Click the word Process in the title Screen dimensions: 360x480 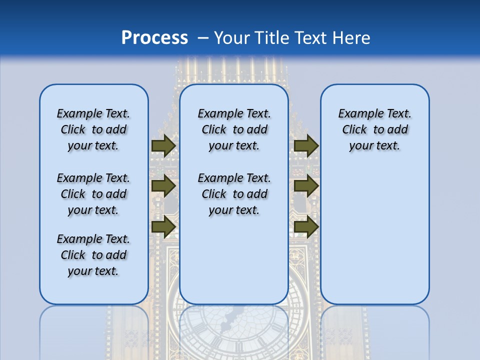[x=154, y=38]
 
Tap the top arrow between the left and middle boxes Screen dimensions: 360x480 [x=163, y=146]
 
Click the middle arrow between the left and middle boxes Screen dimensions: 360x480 [x=163, y=186]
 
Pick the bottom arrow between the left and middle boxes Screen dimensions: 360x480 [x=163, y=227]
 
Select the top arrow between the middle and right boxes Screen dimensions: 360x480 [x=306, y=146]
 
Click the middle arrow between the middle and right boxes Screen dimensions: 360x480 [x=306, y=186]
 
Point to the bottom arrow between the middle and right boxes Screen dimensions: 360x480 [x=306, y=227]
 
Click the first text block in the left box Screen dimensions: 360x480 [x=93, y=129]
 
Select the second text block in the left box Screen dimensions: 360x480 [x=93, y=194]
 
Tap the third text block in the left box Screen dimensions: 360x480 [x=93, y=255]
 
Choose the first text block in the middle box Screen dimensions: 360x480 [x=234, y=129]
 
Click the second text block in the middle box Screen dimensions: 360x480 [x=234, y=194]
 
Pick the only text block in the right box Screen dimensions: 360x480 [x=374, y=129]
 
